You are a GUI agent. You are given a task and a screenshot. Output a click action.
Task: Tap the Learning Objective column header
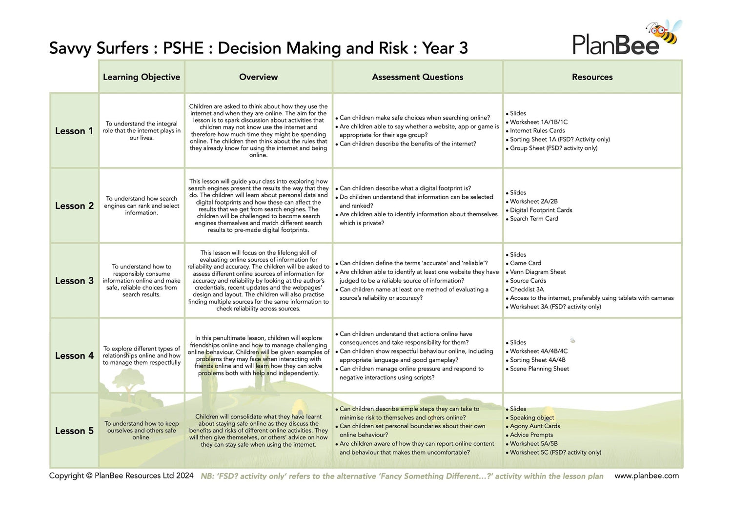click(x=142, y=77)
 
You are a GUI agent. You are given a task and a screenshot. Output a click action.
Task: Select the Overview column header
click(x=258, y=77)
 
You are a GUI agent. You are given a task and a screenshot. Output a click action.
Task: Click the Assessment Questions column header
click(x=417, y=77)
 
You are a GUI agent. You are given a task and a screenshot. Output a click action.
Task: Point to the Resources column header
click(x=592, y=77)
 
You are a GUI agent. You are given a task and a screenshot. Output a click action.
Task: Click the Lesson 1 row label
click(x=74, y=131)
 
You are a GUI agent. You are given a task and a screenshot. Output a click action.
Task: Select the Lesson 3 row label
click(x=74, y=281)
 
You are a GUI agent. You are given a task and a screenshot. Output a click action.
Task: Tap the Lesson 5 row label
click(x=74, y=431)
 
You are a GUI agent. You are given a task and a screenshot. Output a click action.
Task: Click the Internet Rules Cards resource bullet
click(x=537, y=131)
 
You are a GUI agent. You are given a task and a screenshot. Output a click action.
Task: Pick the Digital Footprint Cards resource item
click(x=541, y=210)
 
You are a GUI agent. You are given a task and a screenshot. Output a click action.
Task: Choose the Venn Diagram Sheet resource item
click(x=538, y=272)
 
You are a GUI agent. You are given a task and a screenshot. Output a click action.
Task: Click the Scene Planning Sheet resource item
click(x=539, y=369)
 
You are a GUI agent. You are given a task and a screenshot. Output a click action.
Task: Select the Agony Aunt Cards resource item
click(x=535, y=426)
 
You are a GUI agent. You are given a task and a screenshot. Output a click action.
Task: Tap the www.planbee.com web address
click(x=646, y=476)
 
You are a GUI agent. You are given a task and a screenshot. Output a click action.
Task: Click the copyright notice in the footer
click(x=121, y=476)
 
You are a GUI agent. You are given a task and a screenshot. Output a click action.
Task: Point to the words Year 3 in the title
click(x=445, y=48)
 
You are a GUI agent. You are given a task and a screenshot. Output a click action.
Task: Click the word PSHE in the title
click(x=183, y=48)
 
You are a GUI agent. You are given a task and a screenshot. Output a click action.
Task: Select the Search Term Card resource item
click(x=534, y=219)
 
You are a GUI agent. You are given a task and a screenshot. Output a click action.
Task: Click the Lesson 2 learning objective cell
click(x=142, y=206)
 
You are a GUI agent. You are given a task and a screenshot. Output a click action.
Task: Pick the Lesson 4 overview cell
click(x=258, y=355)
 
